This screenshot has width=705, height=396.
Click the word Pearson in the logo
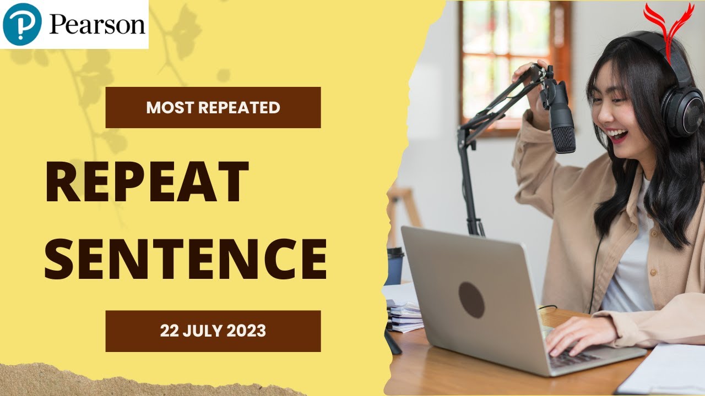coord(97,24)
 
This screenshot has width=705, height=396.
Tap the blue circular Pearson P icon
coord(23,24)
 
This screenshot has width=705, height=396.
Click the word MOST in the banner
coord(170,108)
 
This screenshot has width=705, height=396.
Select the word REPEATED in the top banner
coord(239,108)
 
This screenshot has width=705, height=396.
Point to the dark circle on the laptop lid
coord(471,300)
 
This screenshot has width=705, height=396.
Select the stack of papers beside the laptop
coord(405,316)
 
